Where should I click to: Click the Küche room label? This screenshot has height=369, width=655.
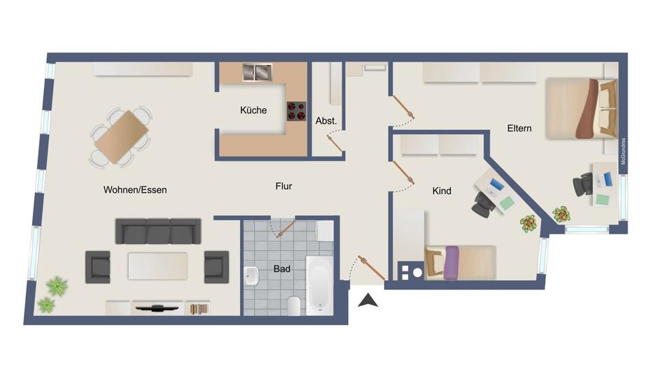click(253, 110)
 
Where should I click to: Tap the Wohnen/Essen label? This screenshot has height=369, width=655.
click(135, 190)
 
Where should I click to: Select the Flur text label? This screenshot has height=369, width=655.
click(284, 186)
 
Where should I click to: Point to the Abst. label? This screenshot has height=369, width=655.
click(326, 121)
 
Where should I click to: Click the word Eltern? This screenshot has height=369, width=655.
click(519, 128)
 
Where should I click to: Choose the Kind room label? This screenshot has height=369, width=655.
click(442, 191)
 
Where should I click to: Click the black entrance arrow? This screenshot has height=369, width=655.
click(368, 299)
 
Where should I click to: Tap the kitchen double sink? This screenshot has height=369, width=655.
click(257, 72)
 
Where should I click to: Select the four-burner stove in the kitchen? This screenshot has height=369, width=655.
click(296, 111)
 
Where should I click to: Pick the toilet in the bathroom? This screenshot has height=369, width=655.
click(294, 305)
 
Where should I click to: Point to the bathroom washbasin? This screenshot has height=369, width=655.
click(251, 277)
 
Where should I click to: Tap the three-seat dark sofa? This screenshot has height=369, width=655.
click(158, 231)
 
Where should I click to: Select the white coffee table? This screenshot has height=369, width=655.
click(158, 266)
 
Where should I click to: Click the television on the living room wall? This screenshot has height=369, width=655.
click(158, 309)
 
